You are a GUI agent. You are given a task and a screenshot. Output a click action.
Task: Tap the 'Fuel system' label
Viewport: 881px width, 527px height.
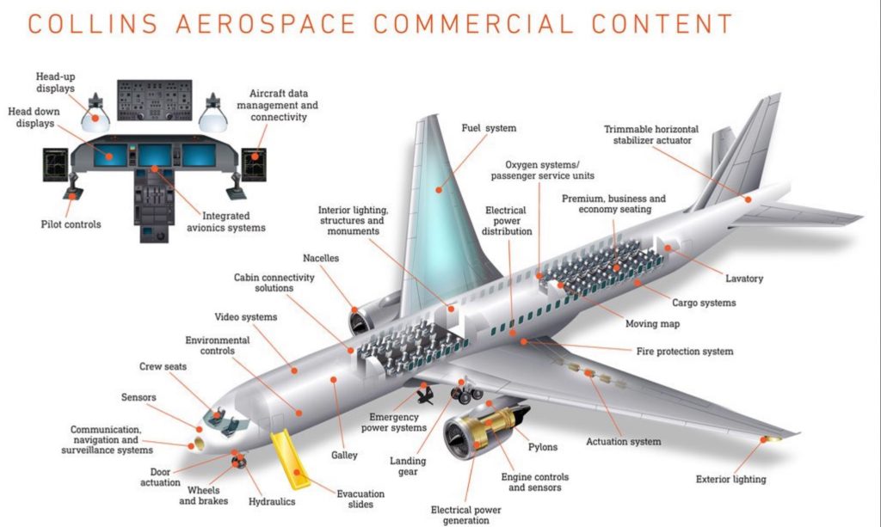(x=488, y=128)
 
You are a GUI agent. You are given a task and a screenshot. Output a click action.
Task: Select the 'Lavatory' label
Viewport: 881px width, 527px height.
(x=743, y=279)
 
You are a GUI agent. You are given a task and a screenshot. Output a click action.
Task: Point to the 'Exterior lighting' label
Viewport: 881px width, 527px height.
(x=730, y=479)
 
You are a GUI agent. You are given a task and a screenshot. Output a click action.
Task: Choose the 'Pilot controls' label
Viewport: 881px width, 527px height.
(x=71, y=224)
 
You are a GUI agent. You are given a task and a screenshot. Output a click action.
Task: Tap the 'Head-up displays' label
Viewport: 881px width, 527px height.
(x=55, y=82)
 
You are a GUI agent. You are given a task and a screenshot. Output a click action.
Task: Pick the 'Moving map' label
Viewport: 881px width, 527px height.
(x=651, y=324)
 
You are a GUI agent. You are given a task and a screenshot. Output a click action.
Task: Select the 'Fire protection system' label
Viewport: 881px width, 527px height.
(x=684, y=351)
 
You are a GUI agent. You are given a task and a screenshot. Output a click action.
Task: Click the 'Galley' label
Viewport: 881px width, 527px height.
(x=343, y=455)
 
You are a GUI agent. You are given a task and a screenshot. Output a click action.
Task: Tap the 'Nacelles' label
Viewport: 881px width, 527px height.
(x=321, y=258)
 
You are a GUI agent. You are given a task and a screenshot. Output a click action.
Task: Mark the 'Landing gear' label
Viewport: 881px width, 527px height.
(x=407, y=466)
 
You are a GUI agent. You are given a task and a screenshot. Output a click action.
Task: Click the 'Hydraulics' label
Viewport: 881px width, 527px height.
(x=272, y=501)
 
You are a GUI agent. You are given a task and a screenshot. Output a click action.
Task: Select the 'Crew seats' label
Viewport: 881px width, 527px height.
(x=163, y=366)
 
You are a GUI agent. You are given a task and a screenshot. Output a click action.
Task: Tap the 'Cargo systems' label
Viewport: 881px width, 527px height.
(x=703, y=303)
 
